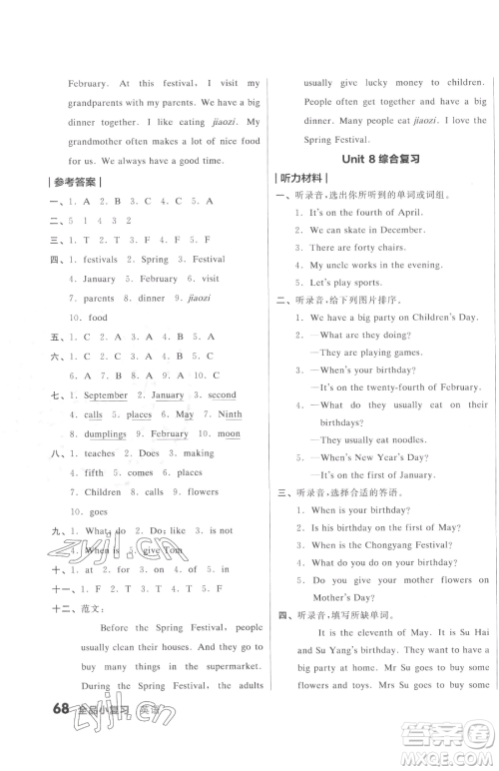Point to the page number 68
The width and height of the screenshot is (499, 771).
coord(60,741)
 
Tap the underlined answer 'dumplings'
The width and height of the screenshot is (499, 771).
coord(105,434)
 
